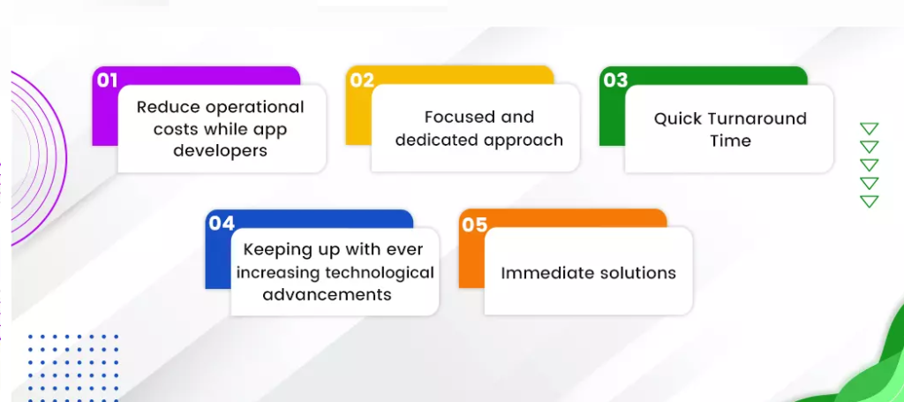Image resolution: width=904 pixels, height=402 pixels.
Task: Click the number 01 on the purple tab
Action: coord(107,80)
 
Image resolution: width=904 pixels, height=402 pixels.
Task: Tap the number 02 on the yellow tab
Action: coord(362,80)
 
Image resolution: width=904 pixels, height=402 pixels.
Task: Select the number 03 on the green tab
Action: coord(615,80)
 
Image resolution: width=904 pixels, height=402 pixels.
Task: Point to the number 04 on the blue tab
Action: coord(222,224)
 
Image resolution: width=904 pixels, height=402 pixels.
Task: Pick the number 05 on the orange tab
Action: coord(475,224)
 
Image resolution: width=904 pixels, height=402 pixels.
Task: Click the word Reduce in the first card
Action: coord(168,107)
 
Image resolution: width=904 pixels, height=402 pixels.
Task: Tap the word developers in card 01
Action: coord(221,150)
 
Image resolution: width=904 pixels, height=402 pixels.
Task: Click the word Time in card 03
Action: coord(730,140)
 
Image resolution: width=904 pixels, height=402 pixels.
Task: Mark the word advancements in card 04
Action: coord(327,294)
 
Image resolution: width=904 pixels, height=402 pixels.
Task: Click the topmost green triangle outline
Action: coord(870,129)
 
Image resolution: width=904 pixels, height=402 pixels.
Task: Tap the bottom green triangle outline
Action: coord(870,201)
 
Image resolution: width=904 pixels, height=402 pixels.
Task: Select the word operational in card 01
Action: coord(254,107)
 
